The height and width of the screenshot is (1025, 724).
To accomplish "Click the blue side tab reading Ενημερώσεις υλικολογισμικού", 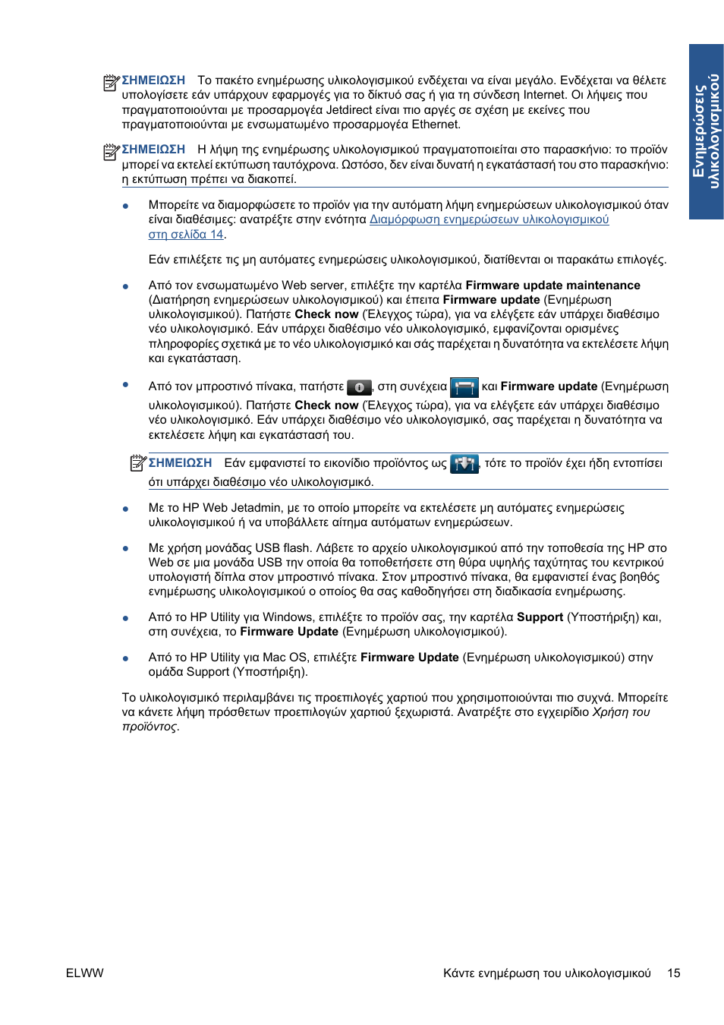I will [706, 131].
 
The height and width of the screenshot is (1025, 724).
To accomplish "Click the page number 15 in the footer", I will [673, 973].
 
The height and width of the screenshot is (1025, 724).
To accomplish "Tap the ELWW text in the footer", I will [84, 973].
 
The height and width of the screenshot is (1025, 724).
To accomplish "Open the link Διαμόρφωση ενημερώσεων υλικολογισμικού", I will [489, 219].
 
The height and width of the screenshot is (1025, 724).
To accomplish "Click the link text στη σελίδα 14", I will [186, 235].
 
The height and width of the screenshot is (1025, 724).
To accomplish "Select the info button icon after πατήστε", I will [359, 387].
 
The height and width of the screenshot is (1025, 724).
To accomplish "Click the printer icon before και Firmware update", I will [464, 387].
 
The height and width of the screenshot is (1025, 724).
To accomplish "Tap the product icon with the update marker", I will [464, 463].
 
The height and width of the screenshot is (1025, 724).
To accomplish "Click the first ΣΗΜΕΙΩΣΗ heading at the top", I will [153, 80].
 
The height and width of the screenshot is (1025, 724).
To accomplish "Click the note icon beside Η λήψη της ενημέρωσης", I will [111, 152].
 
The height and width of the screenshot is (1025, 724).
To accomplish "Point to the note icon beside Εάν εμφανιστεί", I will [137, 462].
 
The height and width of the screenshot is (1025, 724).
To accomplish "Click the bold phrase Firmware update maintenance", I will [552, 285].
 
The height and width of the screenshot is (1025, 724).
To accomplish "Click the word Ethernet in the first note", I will [436, 125].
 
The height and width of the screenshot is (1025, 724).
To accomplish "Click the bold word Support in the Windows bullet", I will [540, 617].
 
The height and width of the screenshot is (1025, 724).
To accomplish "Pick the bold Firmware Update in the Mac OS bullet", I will [409, 658].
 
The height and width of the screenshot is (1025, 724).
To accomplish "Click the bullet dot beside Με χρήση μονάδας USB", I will [125, 548].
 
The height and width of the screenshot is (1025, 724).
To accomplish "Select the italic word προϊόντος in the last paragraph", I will [150, 727].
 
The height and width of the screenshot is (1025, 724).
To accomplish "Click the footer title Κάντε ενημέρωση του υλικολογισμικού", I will [546, 973].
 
